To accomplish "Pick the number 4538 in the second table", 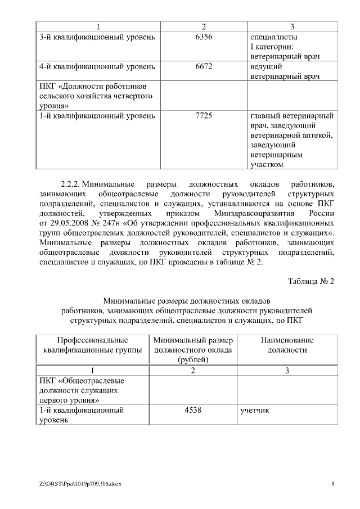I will [x=193, y=410].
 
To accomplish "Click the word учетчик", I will [x=254, y=410].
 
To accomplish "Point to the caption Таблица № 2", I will [x=311, y=281].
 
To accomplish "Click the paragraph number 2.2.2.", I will [x=71, y=184].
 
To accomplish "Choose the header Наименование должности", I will [x=287, y=345].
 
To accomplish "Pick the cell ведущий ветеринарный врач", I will [x=284, y=71].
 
